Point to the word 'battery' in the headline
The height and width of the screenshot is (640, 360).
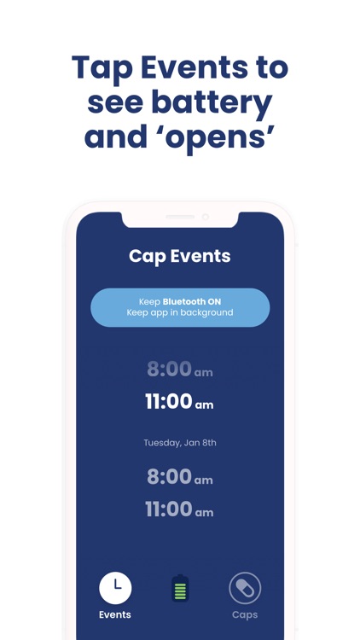pos(212,102)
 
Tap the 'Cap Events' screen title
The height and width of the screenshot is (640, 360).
pos(180,255)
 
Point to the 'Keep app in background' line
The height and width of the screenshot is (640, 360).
pos(180,313)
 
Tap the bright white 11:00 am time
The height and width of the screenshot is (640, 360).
pos(179,402)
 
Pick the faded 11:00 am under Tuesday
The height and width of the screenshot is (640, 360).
pos(179,509)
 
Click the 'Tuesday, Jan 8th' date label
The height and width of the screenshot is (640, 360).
pos(180,443)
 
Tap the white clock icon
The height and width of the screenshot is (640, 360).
pos(116,587)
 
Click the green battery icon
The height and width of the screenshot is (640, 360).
pos(180,588)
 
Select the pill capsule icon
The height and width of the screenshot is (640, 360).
pos(245,588)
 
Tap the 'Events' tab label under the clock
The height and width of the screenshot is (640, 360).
pos(115,614)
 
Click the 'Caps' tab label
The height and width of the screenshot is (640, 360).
pos(245,614)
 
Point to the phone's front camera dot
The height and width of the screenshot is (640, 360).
pos(206,217)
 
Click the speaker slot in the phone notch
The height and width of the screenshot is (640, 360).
pos(180,217)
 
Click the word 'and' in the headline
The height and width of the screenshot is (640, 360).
pos(116,137)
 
